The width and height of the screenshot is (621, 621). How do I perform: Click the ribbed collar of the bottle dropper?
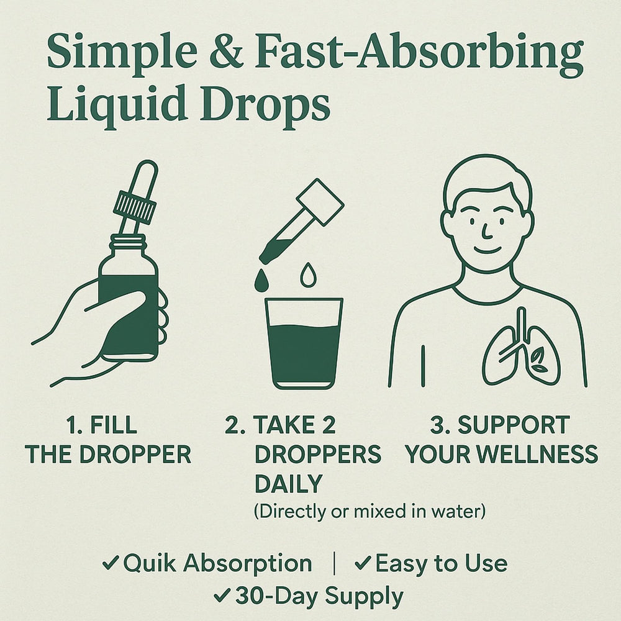(135, 207)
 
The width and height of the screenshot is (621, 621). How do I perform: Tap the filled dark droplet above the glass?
(261, 281)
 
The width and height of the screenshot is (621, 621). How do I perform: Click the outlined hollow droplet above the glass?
(309, 275)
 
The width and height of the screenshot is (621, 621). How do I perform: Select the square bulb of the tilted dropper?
(320, 202)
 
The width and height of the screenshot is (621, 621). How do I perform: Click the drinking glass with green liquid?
(304, 343)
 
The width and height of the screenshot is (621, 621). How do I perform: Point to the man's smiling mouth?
(487, 250)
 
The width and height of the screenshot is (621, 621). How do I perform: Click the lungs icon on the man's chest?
(521, 348)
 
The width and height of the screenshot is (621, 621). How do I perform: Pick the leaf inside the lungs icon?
(539, 361)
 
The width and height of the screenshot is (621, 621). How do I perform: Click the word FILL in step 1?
(114, 425)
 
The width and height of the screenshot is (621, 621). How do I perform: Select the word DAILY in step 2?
(288, 484)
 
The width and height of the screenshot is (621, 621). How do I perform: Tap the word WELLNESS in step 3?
(537, 454)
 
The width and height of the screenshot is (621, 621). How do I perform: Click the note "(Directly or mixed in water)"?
(369, 511)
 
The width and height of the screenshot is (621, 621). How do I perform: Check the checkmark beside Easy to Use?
(363, 563)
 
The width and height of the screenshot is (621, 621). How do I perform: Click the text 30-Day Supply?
(319, 596)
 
